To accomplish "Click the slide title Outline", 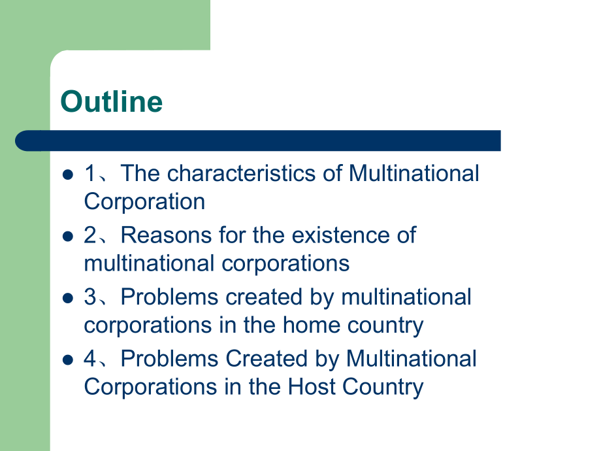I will tap(111, 101).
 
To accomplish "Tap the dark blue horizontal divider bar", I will tap(258, 141).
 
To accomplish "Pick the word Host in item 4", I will tap(312, 386).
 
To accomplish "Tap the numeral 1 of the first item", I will tap(90, 173).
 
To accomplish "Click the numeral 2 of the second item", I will tap(90, 235).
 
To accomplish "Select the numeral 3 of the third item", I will tap(90, 297).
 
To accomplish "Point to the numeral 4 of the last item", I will tap(90, 358).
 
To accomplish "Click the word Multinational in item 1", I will tap(414, 173).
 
